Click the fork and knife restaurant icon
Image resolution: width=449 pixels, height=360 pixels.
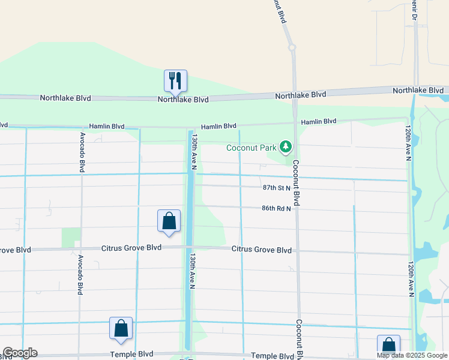pyautogui.click(x=175, y=80)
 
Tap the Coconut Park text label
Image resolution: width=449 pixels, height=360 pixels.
pyautogui.click(x=252, y=148)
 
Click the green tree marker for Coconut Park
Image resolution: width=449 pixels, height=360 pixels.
pyautogui.click(x=286, y=146)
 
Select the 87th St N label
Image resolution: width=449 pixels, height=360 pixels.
pyautogui.click(x=277, y=188)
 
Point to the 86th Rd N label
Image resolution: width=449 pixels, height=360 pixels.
pyautogui.click(x=276, y=208)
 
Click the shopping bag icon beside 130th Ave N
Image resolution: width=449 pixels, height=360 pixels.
pyautogui.click(x=169, y=221)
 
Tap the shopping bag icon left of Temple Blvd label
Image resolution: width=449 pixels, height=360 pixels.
pyautogui.click(x=121, y=328)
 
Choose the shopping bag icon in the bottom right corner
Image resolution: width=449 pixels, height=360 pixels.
pyautogui.click(x=388, y=346)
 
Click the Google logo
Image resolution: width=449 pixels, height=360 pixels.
pyautogui.click(x=20, y=353)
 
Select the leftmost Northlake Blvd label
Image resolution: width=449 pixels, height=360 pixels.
pyautogui.click(x=64, y=98)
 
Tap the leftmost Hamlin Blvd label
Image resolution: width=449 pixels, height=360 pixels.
pyautogui.click(x=106, y=127)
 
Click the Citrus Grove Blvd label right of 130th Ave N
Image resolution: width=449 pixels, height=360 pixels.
pyautogui.click(x=262, y=250)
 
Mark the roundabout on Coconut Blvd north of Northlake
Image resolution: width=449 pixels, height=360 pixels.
pyautogui.click(x=292, y=47)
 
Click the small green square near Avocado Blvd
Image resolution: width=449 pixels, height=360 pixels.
pyautogui.click(x=71, y=237)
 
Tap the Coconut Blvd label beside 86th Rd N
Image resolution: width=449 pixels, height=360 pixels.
pyautogui.click(x=297, y=184)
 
